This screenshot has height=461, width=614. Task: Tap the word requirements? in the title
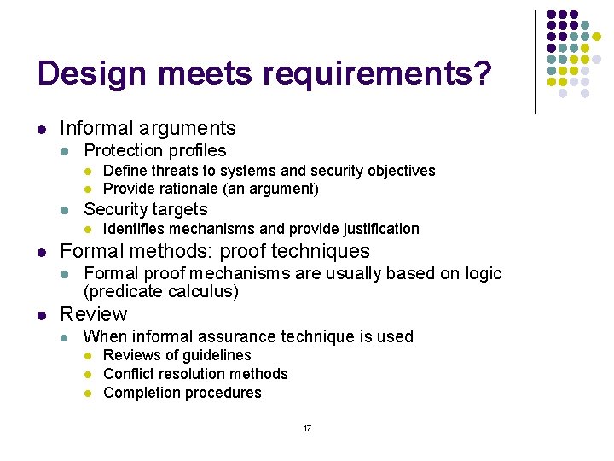pyautogui.click(x=377, y=74)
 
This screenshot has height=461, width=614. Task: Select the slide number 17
pyautogui.click(x=307, y=428)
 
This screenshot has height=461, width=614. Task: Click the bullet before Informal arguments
pyautogui.click(x=40, y=130)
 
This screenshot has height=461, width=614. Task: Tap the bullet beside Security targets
pyautogui.click(x=66, y=210)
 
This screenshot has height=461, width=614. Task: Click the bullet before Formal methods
pyautogui.click(x=40, y=253)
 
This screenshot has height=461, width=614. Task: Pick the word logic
pyautogui.click(x=484, y=273)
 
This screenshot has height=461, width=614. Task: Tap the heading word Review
pyautogui.click(x=93, y=314)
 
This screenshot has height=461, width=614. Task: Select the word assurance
pyautogui.click(x=250, y=336)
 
